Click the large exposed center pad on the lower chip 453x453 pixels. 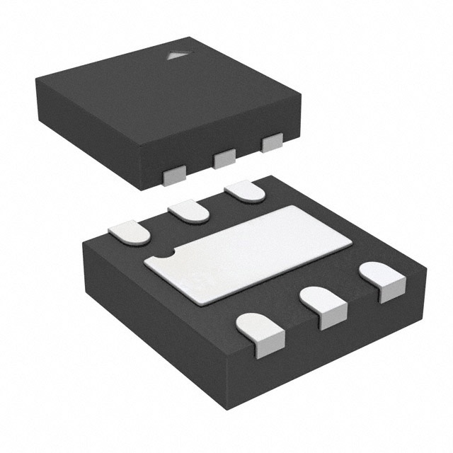coord(248,253)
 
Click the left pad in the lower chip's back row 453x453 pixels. coord(130,232)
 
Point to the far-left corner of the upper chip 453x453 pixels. coord(35,79)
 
